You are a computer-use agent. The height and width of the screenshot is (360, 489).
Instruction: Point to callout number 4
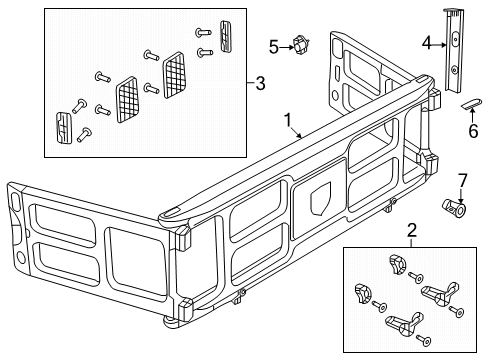tap(426, 44)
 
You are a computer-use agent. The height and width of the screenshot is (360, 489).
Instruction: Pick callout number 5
tap(273, 45)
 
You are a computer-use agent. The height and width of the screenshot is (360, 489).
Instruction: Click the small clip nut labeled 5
tap(300, 44)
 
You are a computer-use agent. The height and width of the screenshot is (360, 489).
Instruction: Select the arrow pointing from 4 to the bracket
tap(440, 44)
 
